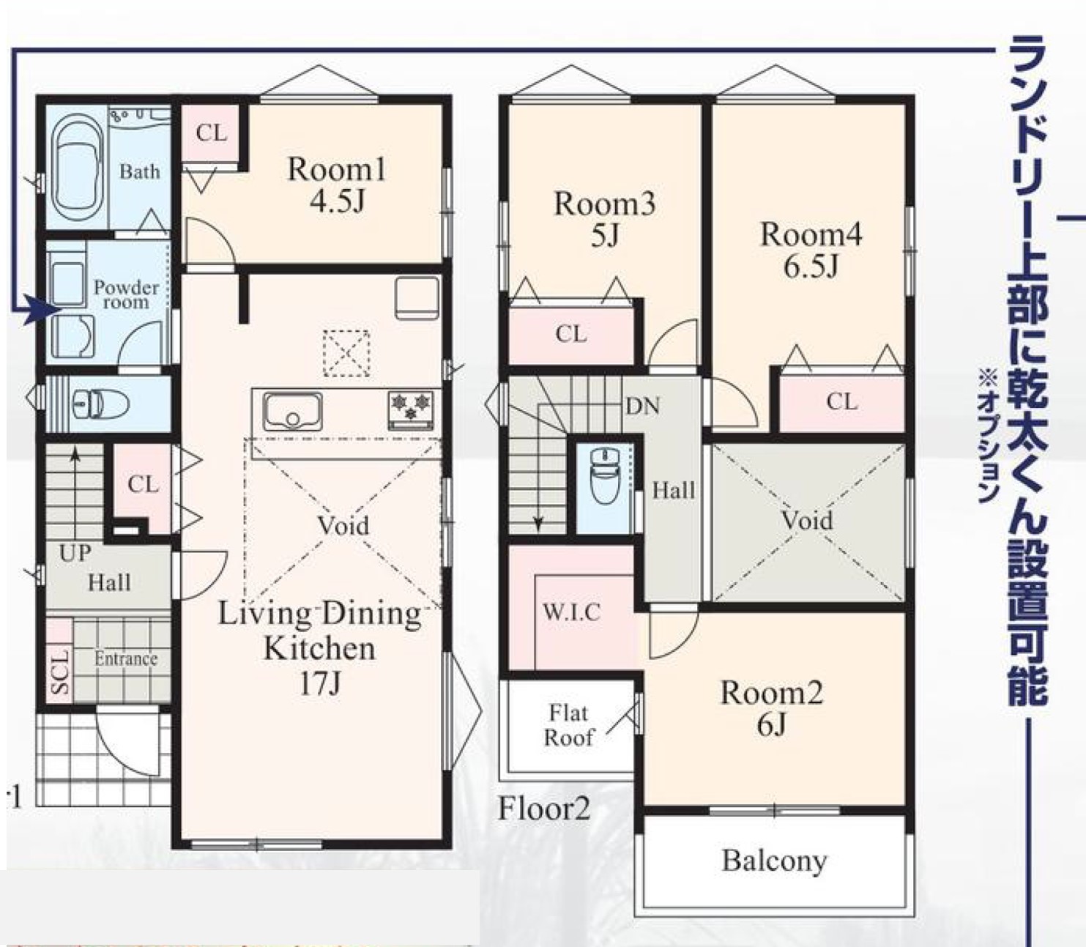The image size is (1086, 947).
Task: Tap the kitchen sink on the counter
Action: (x=293, y=412)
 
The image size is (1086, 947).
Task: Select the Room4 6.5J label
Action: (x=811, y=250)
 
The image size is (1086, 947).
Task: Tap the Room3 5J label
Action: (x=605, y=219)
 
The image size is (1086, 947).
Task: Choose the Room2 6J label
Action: (x=771, y=708)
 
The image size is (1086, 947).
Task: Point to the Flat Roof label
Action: (x=568, y=725)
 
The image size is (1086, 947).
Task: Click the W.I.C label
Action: (x=572, y=612)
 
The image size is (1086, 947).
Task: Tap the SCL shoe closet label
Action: (x=60, y=672)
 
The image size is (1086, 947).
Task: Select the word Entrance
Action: (x=126, y=659)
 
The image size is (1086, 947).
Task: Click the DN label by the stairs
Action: (x=643, y=406)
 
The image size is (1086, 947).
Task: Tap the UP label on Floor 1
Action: (x=74, y=554)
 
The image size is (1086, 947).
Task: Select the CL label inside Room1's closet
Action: (x=211, y=133)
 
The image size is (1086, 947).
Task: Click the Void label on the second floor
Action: (x=807, y=520)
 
